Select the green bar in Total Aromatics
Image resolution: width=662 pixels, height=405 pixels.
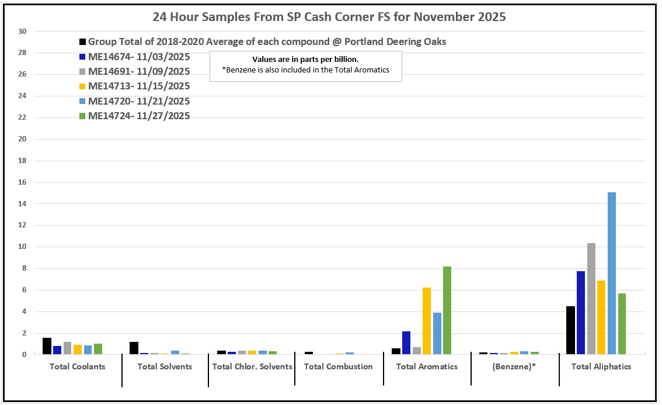pyautogui.click(x=447, y=310)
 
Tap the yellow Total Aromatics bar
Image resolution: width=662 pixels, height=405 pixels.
pyautogui.click(x=426, y=321)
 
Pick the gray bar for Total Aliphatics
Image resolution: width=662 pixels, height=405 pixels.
pyautogui.click(x=591, y=298)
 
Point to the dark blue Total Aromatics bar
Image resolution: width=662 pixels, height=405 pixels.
pyautogui.click(x=406, y=342)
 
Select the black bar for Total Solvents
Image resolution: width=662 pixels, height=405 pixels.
pyautogui.click(x=134, y=348)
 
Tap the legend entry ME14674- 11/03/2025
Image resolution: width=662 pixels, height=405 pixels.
pyautogui.click(x=139, y=57)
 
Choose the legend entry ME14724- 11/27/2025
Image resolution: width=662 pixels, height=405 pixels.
pyautogui.click(x=139, y=116)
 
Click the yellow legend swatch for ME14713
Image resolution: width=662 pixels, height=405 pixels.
pyautogui.click(x=83, y=86)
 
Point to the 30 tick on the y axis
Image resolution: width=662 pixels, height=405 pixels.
pyautogui.click(x=23, y=32)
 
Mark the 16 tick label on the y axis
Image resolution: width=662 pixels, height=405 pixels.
pyautogui.click(x=23, y=182)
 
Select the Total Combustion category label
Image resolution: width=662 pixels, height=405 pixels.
pyautogui.click(x=339, y=366)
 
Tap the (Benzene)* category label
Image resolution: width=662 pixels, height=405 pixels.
pyautogui.click(x=514, y=366)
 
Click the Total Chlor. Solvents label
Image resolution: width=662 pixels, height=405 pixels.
pyautogui.click(x=252, y=366)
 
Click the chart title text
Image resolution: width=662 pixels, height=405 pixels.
pyautogui.click(x=329, y=17)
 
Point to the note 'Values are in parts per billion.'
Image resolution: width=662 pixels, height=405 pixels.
pyautogui.click(x=305, y=60)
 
